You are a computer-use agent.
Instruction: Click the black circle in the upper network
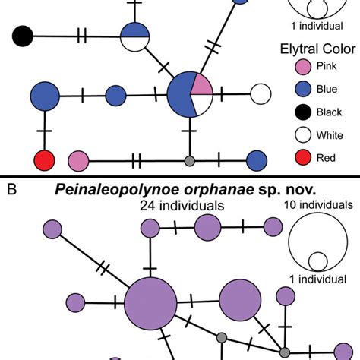pyautogui.click(x=23, y=35)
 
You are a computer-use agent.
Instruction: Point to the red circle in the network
pyautogui.click(x=45, y=160)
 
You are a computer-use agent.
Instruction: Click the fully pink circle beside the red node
pyautogui.click(x=79, y=160)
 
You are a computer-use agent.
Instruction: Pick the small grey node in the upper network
pyautogui.click(x=190, y=160)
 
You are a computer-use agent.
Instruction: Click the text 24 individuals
pyautogui.click(x=182, y=205)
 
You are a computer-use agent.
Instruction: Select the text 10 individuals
pyautogui.click(x=317, y=204)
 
